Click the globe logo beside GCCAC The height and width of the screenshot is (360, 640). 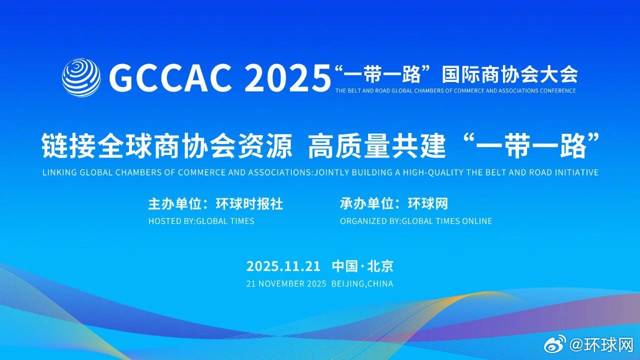tap(81, 77)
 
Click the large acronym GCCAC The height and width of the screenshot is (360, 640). tap(170, 78)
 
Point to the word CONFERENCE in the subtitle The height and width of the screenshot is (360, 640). tap(557, 91)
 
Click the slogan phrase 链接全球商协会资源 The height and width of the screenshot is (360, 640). tap(166, 146)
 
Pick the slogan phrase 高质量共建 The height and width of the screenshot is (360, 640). tap(376, 146)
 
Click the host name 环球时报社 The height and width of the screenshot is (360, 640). tap(249, 204)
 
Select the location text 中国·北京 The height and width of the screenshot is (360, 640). tap(362, 266)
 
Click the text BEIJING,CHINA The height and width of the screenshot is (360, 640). tap(362, 284)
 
